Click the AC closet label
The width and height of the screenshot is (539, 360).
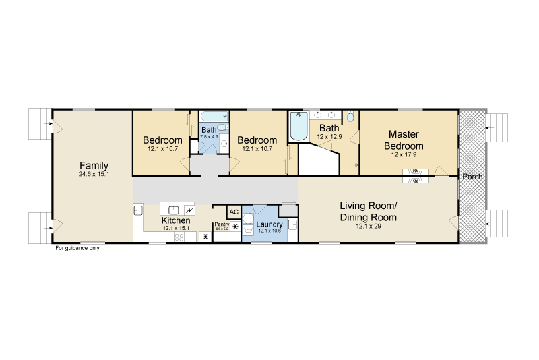pos(234,212)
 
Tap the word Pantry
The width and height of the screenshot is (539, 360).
pos(222,224)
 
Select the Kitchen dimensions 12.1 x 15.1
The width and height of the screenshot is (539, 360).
pos(176,228)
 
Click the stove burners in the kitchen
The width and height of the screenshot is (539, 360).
pos(179,237)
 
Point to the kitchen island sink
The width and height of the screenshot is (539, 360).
pos(173,210)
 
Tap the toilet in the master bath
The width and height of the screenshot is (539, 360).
pos(350,117)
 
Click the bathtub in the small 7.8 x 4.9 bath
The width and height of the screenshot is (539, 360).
pos(214,116)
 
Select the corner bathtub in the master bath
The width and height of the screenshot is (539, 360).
pos(298,126)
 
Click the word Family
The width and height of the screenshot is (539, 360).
pos(94,165)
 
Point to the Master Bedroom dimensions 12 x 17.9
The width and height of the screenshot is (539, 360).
pos(404,155)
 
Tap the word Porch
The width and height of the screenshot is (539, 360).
pos(472,177)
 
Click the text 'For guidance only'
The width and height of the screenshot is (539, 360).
pos(77,248)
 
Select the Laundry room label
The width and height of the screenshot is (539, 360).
pos(269,224)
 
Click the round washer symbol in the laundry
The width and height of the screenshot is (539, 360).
pos(248,219)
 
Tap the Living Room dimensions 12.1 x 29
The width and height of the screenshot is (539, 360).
pos(368,227)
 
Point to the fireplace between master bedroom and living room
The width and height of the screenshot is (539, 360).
pos(415,176)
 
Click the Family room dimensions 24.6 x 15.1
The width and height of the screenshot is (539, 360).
pos(94,174)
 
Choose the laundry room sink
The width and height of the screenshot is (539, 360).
pos(292,224)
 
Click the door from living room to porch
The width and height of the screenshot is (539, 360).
pos(453,222)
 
